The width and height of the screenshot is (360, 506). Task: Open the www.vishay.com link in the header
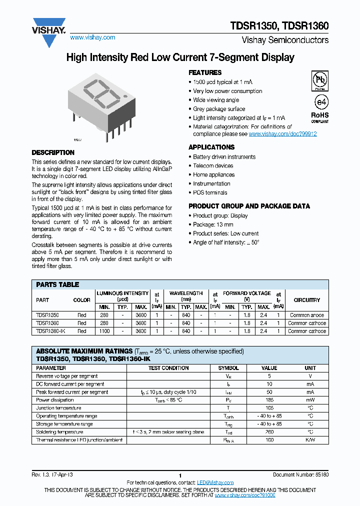92,37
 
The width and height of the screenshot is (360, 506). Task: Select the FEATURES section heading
205,72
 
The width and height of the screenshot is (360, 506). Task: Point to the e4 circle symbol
320,102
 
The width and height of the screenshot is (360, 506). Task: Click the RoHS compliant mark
320,116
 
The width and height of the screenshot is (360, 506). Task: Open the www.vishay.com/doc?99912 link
282,134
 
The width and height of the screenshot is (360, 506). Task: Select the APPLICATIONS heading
211,147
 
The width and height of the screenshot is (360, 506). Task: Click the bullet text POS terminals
210,192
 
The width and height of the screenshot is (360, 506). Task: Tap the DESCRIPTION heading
53,152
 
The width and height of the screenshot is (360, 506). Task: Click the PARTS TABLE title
57,284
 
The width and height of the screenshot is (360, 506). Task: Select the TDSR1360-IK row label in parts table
51,331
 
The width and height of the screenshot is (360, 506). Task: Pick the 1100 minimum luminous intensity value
104,331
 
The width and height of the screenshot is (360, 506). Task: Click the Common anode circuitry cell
306,315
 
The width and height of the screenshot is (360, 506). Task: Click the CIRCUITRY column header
306,300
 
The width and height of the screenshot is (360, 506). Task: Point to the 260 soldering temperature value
269,432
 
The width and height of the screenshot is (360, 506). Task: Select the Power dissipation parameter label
55,400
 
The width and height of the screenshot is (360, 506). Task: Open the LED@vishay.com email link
215,482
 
